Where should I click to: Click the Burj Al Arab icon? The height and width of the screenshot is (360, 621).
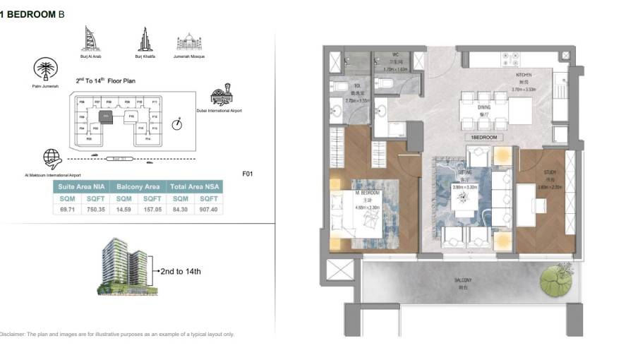[90, 39]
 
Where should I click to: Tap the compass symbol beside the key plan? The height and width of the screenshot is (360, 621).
[177, 124]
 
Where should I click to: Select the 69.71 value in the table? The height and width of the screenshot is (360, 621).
[66, 210]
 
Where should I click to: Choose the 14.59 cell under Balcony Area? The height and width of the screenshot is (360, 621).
[123, 210]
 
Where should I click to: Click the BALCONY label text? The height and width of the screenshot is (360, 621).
[463, 280]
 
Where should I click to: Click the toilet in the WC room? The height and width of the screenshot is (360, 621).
[385, 84]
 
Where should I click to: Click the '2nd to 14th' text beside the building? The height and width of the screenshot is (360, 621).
[181, 271]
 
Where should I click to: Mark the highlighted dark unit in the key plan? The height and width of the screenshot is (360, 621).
[106, 116]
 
